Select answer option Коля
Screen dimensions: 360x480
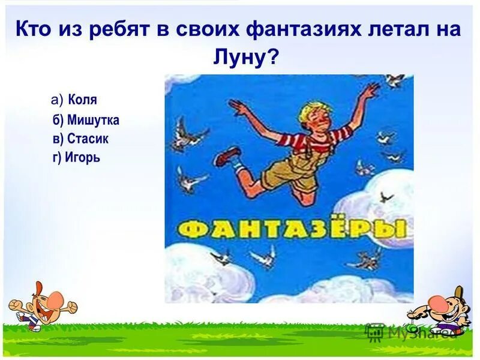pyautogui.click(x=82, y=100)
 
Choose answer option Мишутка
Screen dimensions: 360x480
pyautogui.click(x=93, y=120)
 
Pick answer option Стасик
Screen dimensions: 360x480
pyautogui.click(x=88, y=139)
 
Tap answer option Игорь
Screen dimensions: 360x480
pyautogui.click(x=84, y=158)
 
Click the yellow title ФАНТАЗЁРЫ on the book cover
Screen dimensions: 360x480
pyautogui.click(x=290, y=229)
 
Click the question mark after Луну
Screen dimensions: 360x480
pyautogui.click(x=274, y=58)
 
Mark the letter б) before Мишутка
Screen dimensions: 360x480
pyautogui.click(x=58, y=120)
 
